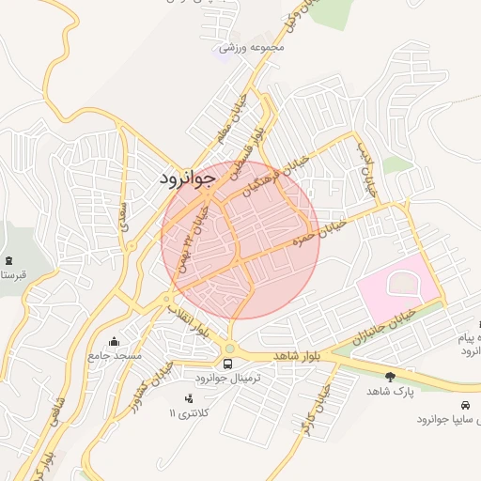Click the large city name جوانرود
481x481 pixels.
coord(189,176)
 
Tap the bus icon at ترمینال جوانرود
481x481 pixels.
coord(228,364)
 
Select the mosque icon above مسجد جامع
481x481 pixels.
coord(115,342)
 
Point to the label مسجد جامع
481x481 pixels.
coord(115,356)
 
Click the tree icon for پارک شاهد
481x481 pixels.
coord(390,377)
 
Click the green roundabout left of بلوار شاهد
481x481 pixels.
coord(229,348)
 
